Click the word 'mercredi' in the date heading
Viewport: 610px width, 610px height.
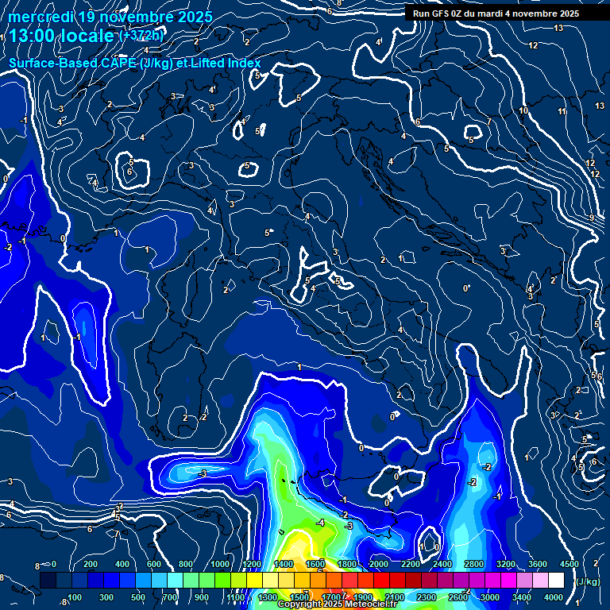click(40, 17)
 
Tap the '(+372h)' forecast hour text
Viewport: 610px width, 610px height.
click(142, 36)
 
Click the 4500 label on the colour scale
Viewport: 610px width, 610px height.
click(568, 565)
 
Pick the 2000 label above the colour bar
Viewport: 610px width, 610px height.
click(378, 565)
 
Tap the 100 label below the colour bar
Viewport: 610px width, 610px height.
click(75, 596)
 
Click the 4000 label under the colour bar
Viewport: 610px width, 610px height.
click(554, 596)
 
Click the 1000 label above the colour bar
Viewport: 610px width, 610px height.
click(219, 565)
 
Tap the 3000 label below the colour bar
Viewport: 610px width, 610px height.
click(490, 596)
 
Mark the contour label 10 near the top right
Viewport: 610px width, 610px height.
click(523, 111)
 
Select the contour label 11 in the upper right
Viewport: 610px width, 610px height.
click(562, 112)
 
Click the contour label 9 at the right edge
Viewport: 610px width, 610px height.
click(592, 218)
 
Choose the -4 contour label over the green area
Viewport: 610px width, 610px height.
click(320, 523)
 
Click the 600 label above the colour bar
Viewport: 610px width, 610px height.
click(156, 565)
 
